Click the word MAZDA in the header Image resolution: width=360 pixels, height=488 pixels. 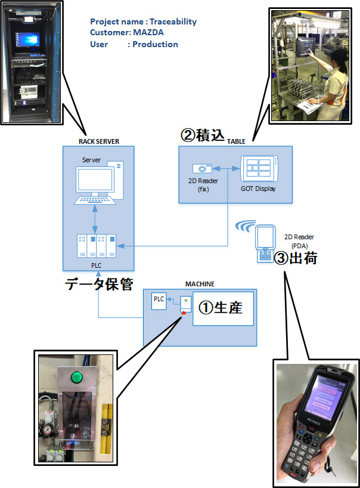pos(148,32)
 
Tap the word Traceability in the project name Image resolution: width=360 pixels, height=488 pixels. pos(173,22)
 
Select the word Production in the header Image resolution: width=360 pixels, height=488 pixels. pos(155,44)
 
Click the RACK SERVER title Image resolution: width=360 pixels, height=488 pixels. pos(99,141)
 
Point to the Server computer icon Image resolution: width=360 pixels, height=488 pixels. pos(98,183)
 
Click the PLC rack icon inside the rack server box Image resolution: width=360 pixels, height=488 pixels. pos(97,246)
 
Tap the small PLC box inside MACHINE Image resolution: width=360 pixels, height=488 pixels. pos(159,301)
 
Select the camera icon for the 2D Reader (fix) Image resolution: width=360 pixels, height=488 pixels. pos(202,168)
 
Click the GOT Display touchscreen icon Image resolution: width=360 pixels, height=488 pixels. pos(259,169)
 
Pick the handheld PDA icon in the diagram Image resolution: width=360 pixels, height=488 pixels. pos(265,244)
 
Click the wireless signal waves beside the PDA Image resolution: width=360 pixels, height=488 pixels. pos(246,226)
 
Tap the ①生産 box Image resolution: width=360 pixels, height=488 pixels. pos(223,309)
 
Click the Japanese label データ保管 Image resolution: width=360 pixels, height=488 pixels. pos(99,284)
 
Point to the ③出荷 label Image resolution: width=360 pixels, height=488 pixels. pos(296,258)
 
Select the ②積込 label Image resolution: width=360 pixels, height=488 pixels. pos(203,135)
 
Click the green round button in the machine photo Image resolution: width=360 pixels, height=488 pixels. pos(76,377)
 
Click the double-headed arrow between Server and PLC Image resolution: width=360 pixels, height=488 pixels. pos(95,220)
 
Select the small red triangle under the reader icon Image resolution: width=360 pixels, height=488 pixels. pos(184,313)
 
